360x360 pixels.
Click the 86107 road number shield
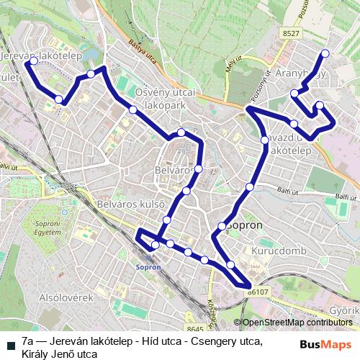pyautogui.click(x=257, y=292)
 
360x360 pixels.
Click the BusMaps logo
pyautogui.click(x=323, y=345)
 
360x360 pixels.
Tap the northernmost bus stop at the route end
pyautogui.click(x=325, y=53)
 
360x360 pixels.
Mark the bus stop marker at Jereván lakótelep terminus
pyautogui.click(x=33, y=62)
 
